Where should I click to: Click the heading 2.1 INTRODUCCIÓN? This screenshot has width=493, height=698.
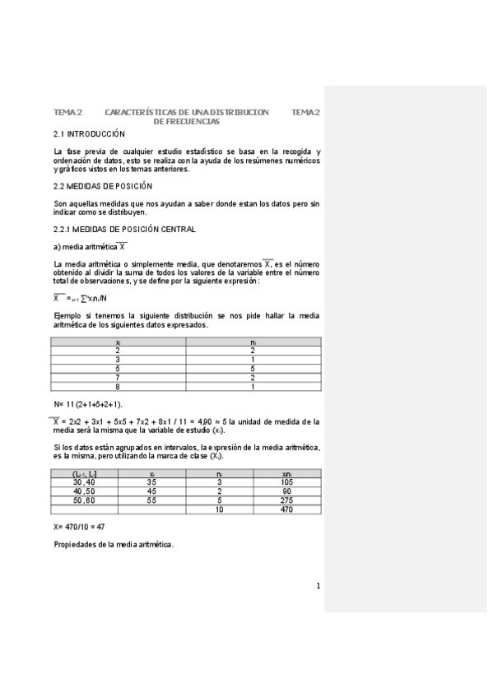click(x=89, y=133)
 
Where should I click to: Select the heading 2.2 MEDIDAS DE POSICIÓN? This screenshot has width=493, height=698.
click(x=103, y=186)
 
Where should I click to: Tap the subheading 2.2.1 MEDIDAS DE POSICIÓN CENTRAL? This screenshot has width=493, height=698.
click(x=124, y=229)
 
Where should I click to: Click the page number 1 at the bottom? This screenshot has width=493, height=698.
click(x=318, y=586)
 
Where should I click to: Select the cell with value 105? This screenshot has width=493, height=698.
click(x=286, y=482)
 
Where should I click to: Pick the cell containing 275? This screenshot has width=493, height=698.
click(x=286, y=500)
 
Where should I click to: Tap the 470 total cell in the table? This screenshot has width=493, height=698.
click(x=286, y=510)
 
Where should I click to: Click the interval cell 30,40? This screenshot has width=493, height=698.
click(x=84, y=482)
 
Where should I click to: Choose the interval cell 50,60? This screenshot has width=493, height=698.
click(x=84, y=500)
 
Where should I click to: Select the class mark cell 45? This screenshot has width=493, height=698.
click(x=152, y=491)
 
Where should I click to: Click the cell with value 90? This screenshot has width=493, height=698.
click(x=286, y=491)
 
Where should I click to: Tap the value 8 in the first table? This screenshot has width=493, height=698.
click(x=119, y=387)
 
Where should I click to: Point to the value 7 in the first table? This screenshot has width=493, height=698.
click(x=119, y=378)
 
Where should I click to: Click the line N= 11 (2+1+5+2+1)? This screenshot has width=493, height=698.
click(x=88, y=404)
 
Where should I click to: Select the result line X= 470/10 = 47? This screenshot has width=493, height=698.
click(x=79, y=526)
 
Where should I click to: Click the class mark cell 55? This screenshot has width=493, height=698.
click(x=152, y=500)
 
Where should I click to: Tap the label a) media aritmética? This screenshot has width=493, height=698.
click(x=89, y=247)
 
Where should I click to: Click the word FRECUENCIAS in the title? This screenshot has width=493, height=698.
click(x=193, y=121)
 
